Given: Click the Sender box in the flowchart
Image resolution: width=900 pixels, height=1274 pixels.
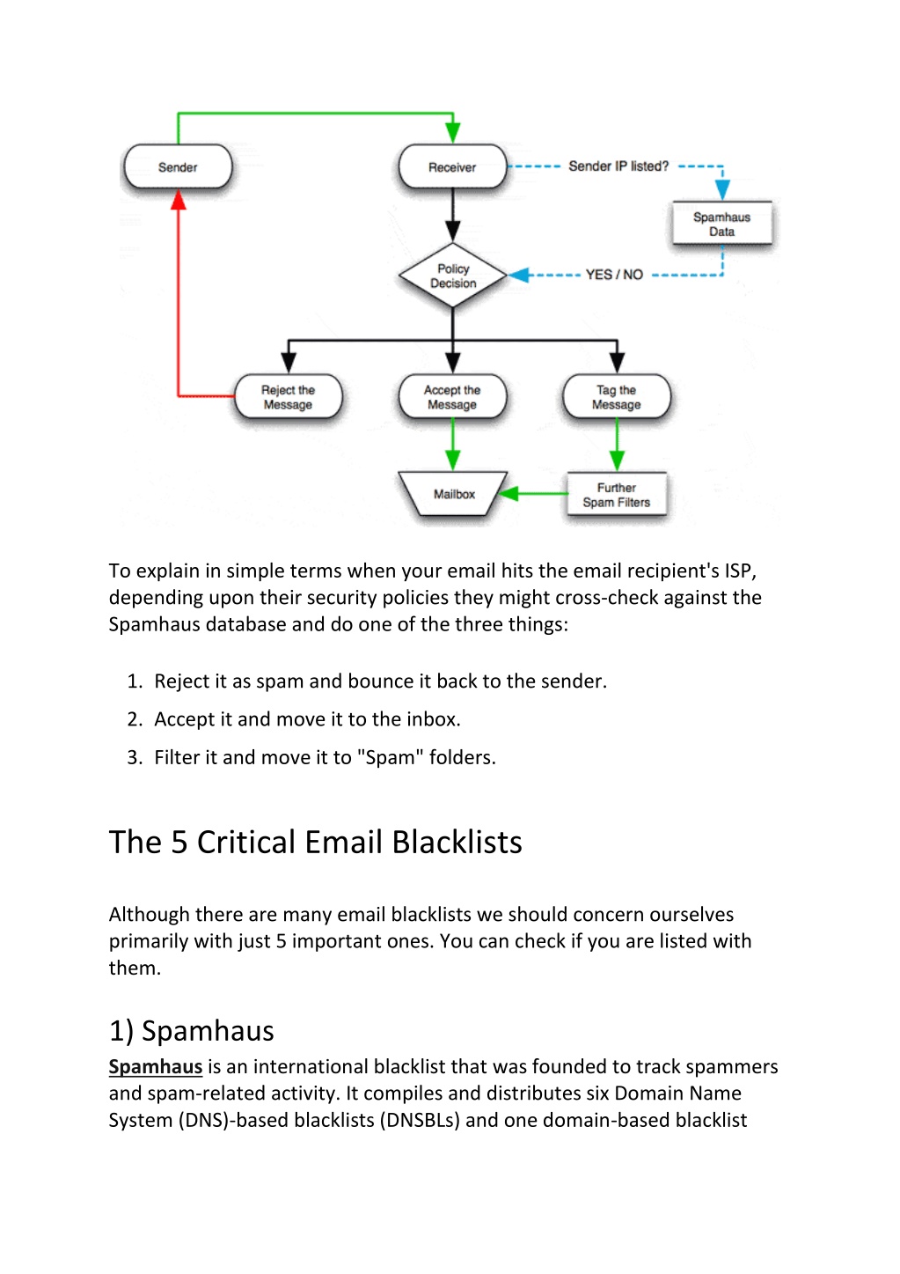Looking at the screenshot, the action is [178, 166].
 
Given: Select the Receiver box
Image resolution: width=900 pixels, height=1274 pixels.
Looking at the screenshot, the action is [452, 166].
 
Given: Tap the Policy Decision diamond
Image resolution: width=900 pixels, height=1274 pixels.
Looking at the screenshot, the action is [452, 276].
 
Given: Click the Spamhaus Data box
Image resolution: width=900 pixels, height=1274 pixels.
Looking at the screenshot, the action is [721, 224].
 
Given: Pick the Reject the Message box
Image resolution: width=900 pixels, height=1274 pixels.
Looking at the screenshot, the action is [288, 396].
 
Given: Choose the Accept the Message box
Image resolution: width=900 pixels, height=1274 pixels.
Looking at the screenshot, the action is [452, 396].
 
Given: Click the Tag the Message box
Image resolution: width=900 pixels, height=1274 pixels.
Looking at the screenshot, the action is [617, 396].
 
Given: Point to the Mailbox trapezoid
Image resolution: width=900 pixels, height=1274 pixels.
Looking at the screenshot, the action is [453, 494].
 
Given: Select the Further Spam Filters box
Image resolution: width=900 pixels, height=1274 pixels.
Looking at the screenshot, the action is [617, 494].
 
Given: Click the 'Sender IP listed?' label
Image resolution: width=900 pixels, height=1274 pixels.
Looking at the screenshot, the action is [618, 166].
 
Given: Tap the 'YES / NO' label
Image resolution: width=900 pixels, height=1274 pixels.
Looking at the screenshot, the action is [614, 275].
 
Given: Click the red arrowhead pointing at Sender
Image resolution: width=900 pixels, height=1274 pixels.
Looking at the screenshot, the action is [179, 200].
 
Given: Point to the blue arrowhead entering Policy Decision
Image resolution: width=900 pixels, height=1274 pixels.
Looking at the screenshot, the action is [518, 276].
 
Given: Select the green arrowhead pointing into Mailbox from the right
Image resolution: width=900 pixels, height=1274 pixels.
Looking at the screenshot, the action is [509, 494].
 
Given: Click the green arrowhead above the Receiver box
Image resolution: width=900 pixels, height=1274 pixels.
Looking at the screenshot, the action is [453, 133].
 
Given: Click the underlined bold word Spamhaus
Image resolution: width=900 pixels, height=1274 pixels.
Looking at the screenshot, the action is [156, 1066].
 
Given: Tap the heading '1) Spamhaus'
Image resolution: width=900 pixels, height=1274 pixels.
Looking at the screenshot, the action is [192, 1031].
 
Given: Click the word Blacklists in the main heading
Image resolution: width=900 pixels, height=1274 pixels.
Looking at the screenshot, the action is [457, 842].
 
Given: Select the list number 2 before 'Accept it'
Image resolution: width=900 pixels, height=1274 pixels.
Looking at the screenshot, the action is [135, 719].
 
